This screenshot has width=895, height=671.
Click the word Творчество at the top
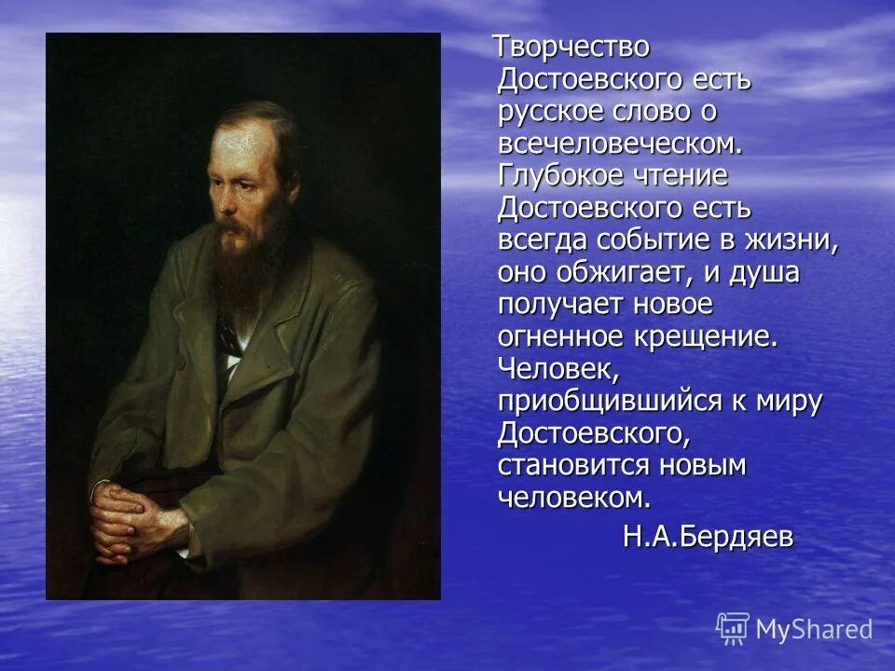[571, 47]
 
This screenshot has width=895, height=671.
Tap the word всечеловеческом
[620, 144]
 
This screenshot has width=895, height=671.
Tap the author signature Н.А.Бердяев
[708, 538]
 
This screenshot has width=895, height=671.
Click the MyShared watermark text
[814, 629]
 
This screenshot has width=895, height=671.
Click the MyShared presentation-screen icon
[733, 628]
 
